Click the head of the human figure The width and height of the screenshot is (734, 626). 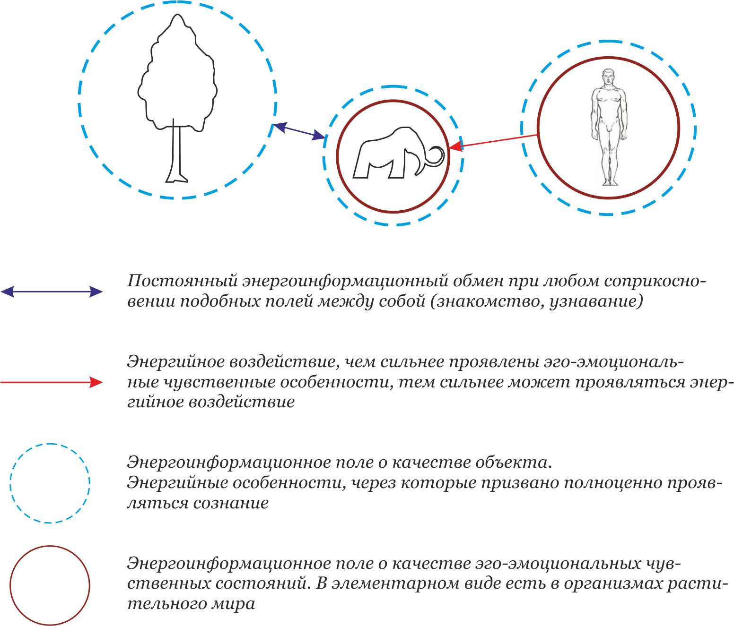pos(608,77)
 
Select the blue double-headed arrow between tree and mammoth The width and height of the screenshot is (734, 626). pos(298,131)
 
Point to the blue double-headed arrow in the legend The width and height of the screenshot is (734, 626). pos(52,292)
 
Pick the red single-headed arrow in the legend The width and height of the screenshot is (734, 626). pos(52,382)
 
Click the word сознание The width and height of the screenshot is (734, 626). pos(231,503)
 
